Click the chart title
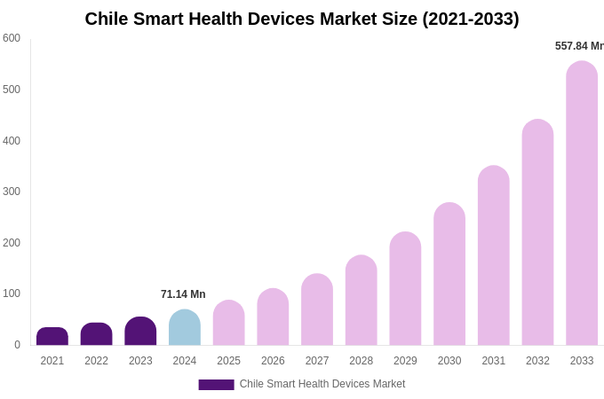click(x=302, y=19)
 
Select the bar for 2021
click(x=52, y=337)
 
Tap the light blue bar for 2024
click(x=185, y=328)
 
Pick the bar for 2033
click(x=582, y=204)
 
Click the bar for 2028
click(x=362, y=301)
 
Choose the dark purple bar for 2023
click(x=140, y=332)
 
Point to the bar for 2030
click(x=449, y=274)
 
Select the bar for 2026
click(x=273, y=317)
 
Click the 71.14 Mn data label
click(x=183, y=294)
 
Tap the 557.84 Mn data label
click(x=579, y=46)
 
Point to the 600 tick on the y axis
click(x=12, y=38)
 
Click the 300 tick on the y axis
click(x=12, y=192)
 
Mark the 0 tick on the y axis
click(x=17, y=345)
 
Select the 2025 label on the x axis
click(x=228, y=361)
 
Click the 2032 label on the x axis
click(x=537, y=361)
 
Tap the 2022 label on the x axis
click(x=96, y=361)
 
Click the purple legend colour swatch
click(x=216, y=385)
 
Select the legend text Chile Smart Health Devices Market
click(x=322, y=384)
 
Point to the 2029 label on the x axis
click(x=405, y=361)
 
